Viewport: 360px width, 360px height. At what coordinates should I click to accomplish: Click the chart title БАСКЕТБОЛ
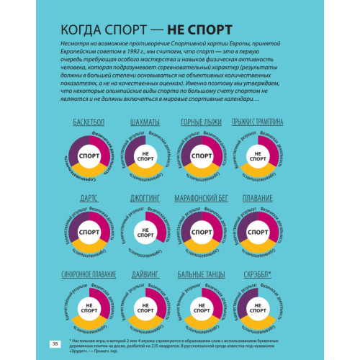[x=89, y=122]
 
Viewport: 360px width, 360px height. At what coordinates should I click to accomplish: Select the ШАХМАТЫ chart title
[x=145, y=122]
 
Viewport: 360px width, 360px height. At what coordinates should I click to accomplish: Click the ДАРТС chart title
[x=89, y=197]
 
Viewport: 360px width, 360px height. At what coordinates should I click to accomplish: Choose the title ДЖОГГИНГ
[x=145, y=197]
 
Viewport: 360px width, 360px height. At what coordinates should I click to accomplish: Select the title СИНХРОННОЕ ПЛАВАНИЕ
[x=89, y=275]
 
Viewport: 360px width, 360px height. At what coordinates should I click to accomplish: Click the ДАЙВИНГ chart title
[x=145, y=275]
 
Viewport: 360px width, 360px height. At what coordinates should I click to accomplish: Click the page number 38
[x=54, y=343]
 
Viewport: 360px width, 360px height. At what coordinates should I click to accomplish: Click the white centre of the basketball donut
[x=89, y=156]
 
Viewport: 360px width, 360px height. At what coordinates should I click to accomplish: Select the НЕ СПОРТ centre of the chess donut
[x=145, y=156]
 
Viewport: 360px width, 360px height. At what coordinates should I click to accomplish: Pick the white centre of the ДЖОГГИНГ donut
[x=145, y=233]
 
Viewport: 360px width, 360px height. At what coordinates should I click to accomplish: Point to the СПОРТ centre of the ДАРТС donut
[x=89, y=233]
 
